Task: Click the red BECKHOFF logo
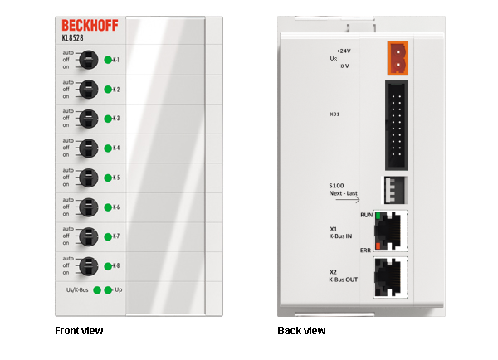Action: pyautogui.click(x=90, y=26)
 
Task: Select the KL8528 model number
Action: pyautogui.click(x=73, y=38)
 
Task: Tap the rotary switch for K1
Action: pyautogui.click(x=88, y=60)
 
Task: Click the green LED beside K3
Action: pyautogui.click(x=108, y=119)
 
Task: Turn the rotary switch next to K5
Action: pyautogui.click(x=88, y=178)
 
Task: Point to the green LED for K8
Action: pyautogui.click(x=108, y=266)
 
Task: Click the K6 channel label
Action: pyautogui.click(x=116, y=207)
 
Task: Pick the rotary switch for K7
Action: pyautogui.click(x=88, y=236)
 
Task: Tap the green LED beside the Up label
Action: pyautogui.click(x=108, y=289)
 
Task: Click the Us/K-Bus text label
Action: pyautogui.click(x=77, y=289)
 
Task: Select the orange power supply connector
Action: pyautogui.click(x=398, y=58)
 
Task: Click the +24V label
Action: pyautogui.click(x=344, y=51)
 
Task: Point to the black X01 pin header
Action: pyautogui.click(x=397, y=125)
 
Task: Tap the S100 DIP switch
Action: pyautogui.click(x=394, y=190)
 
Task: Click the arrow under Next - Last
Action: pyautogui.click(x=348, y=200)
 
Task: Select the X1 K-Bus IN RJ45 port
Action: pyautogui.click(x=391, y=231)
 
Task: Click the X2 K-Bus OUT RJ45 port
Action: pyautogui.click(x=391, y=277)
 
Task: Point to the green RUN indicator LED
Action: pyautogui.click(x=378, y=216)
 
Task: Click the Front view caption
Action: pyautogui.click(x=79, y=331)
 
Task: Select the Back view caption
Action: pyautogui.click(x=301, y=331)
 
